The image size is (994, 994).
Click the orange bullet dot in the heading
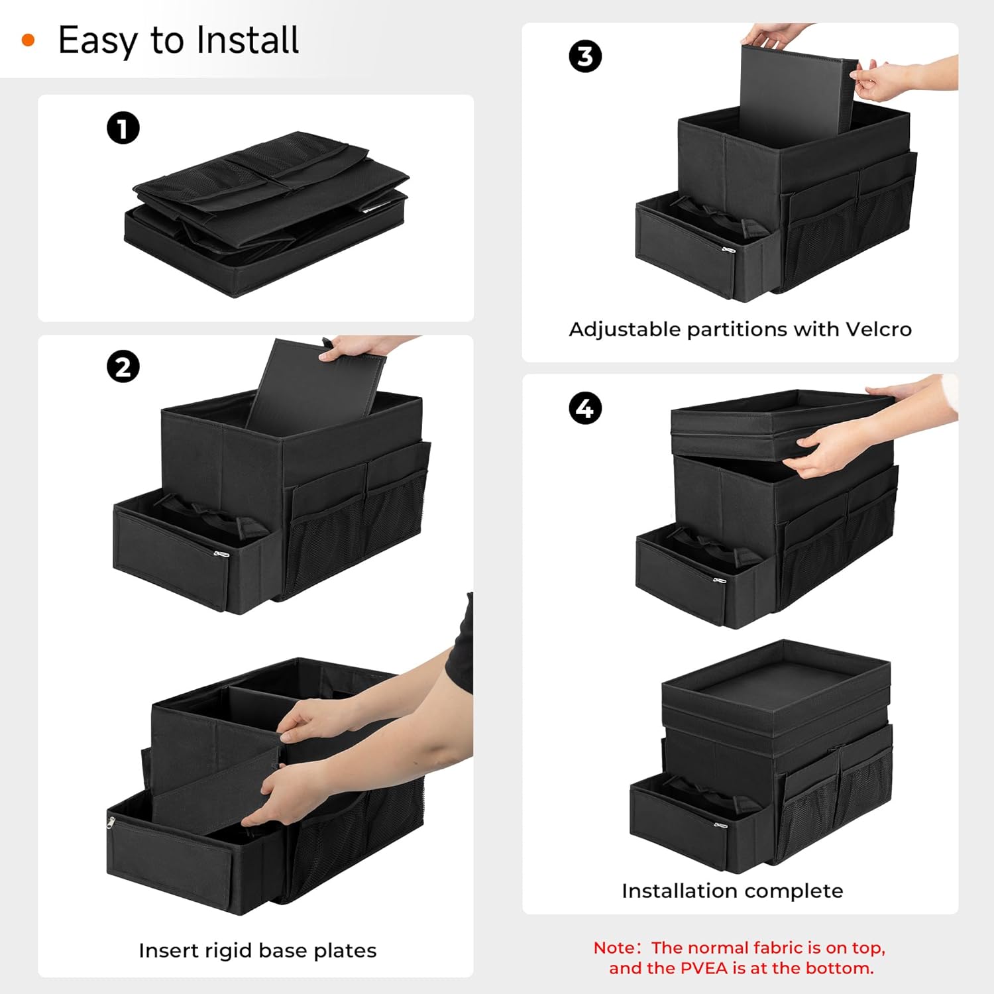[28, 40]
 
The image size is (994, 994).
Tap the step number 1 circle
[123, 128]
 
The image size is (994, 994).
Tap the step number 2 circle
[123, 366]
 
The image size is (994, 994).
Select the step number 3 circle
[585, 56]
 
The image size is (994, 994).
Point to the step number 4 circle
[585, 408]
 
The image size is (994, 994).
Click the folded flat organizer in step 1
[265, 212]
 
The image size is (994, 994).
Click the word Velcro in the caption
[879, 329]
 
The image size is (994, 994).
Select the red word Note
[613, 948]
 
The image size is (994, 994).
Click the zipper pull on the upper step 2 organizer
[221, 553]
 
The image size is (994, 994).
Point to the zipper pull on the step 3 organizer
[728, 250]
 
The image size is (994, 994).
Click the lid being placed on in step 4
[775, 424]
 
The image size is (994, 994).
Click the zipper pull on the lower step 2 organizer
[111, 822]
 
